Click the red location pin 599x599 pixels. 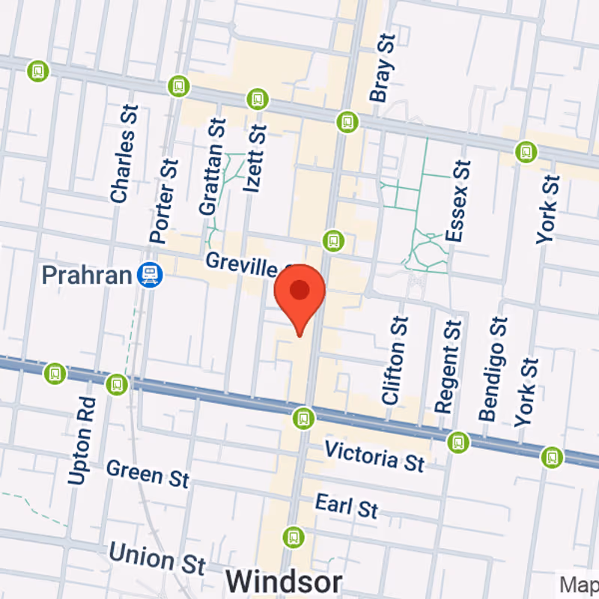coord(299,292)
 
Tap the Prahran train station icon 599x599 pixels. coord(150,276)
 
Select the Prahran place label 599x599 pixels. coord(87,276)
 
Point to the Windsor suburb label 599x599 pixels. coord(284,581)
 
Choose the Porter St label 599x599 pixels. coord(165,201)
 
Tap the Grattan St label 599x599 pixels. coord(212,166)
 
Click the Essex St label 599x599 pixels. coord(457,201)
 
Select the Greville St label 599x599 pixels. coord(247,264)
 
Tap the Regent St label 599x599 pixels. coord(449,367)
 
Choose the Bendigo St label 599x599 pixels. coord(493,368)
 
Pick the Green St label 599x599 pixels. coord(148,473)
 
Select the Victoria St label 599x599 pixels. coord(374,455)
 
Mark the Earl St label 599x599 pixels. coord(347,506)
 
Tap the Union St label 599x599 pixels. coord(157,559)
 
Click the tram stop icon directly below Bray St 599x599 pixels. coord(347,121)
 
